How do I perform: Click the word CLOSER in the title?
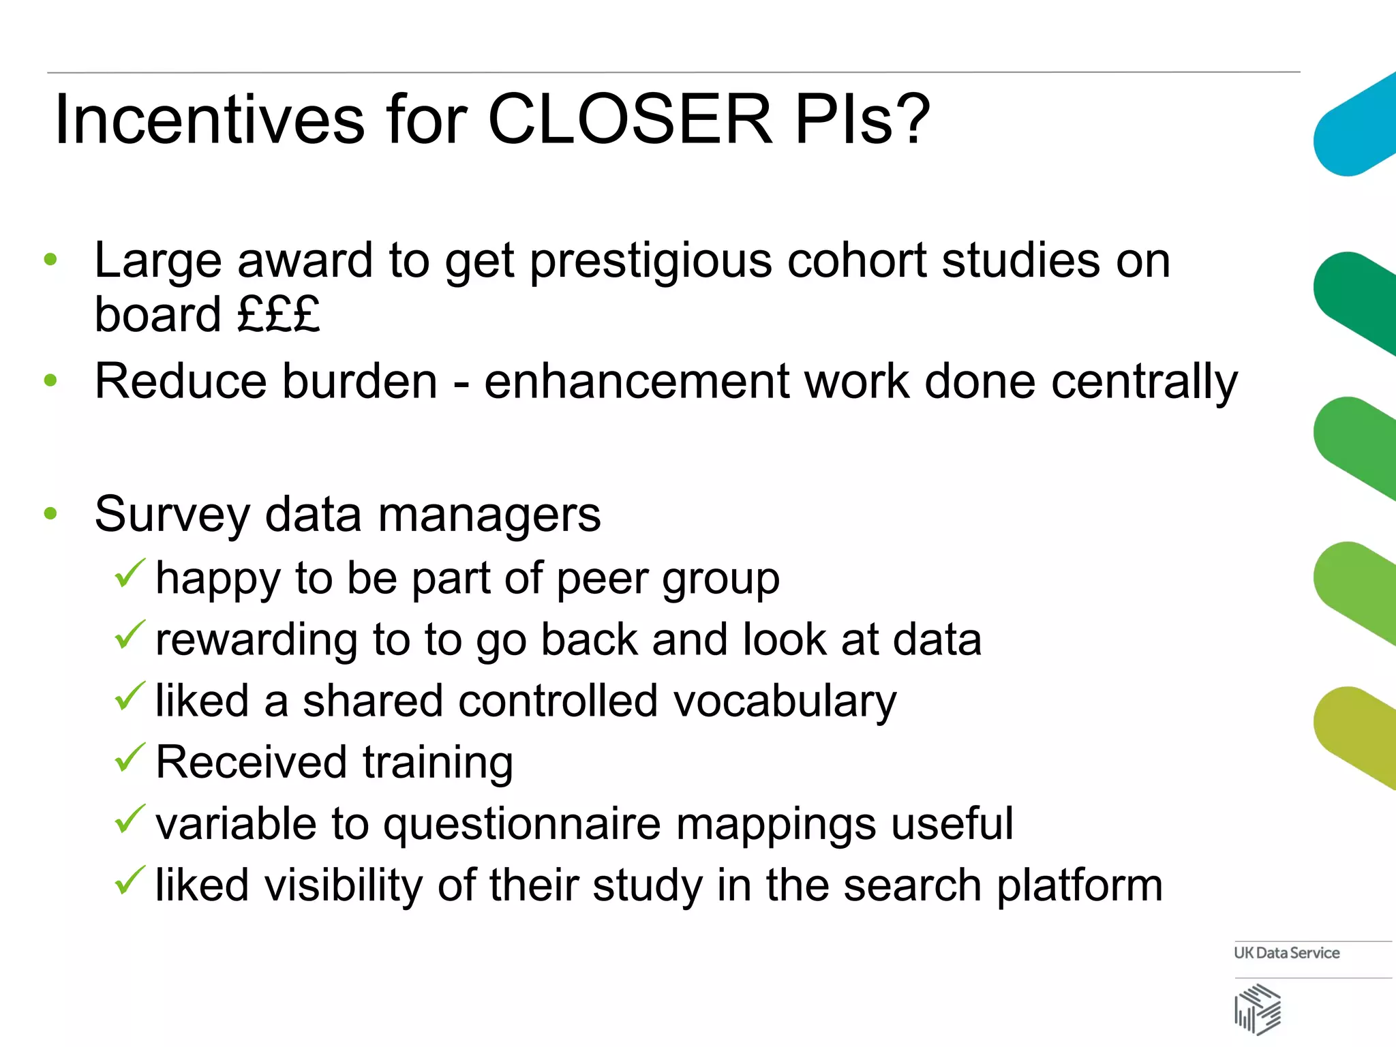630,120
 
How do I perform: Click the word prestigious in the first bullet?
650,262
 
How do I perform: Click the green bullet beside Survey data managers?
50,513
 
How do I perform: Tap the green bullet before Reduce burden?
50,380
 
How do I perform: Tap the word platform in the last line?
1080,886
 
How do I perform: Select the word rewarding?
256,641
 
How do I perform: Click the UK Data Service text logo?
1286,953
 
